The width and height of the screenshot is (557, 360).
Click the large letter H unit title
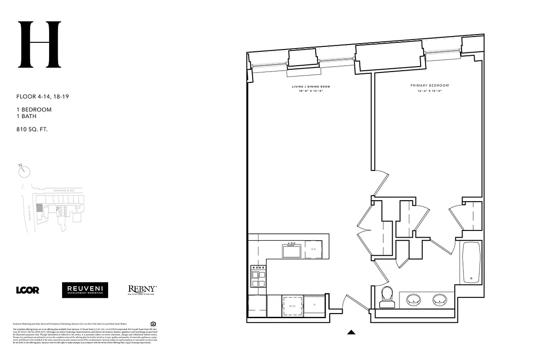[39, 45]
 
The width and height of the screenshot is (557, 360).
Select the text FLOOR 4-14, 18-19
[42, 96]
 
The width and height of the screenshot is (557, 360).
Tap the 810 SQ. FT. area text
[32, 129]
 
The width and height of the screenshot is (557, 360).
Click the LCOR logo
[27, 290]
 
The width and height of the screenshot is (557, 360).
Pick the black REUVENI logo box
[85, 290]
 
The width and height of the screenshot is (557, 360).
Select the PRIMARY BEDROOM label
[430, 85]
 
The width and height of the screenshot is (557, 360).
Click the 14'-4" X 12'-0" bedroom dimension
[430, 90]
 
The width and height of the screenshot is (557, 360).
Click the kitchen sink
[292, 250]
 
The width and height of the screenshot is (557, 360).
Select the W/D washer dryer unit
[292, 305]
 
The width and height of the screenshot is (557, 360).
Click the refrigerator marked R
[314, 305]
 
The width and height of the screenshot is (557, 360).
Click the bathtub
[471, 262]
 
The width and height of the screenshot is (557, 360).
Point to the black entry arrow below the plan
[352, 333]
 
